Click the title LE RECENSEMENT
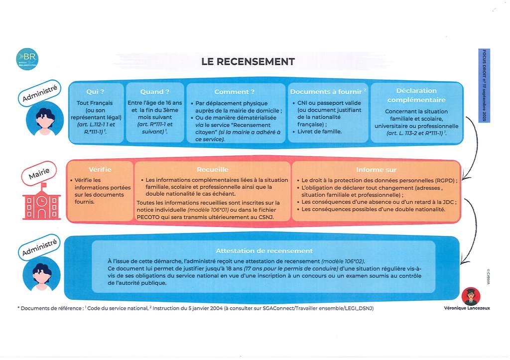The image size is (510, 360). coord(248,62)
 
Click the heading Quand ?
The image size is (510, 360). coord(154,92)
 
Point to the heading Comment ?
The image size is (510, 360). coord(235,92)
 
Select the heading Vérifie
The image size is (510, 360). coord(100,170)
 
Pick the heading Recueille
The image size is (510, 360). coord(212,170)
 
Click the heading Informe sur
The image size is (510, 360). coord(376,170)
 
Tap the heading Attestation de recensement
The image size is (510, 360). coord(264,251)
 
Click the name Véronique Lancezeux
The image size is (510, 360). coord(467,308)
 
